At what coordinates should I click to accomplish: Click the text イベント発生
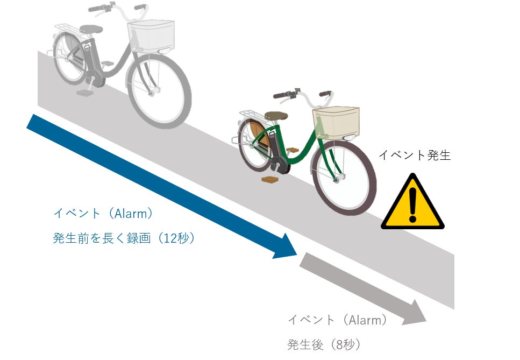[x=415, y=156]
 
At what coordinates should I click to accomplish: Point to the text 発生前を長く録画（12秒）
[x=124, y=238]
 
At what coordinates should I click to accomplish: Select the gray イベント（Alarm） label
[x=338, y=320]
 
